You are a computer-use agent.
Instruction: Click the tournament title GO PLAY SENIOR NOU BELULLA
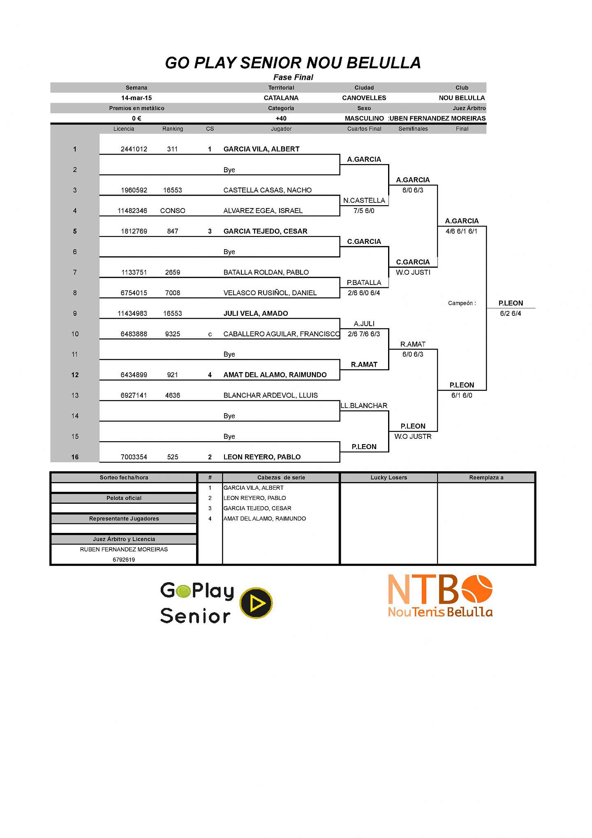coord(293,63)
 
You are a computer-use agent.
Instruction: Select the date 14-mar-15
coord(136,98)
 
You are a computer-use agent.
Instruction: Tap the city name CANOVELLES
coord(364,98)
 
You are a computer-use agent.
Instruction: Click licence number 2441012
coord(134,149)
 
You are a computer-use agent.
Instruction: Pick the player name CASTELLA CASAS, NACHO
coord(267,190)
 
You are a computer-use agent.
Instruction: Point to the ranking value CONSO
coord(173,211)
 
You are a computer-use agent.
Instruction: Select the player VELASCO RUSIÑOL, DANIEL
coord(270,293)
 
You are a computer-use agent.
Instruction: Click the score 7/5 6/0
coord(364,211)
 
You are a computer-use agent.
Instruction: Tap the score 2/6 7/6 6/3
coord(364,334)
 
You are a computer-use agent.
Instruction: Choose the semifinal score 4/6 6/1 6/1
coord(461,231)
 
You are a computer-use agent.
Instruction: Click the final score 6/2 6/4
coord(510,313)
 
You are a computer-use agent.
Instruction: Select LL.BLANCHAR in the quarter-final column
coord(364,405)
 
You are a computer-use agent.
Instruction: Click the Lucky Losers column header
coord(388,477)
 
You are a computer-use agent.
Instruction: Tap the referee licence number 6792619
coord(124,560)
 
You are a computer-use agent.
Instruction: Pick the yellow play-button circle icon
coord(256,603)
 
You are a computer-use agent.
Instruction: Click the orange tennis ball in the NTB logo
coord(477,589)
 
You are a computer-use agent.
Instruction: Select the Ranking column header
coord(173,129)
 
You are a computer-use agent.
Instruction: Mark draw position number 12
coord(75,375)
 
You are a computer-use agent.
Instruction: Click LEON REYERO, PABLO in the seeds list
coord(254,498)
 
